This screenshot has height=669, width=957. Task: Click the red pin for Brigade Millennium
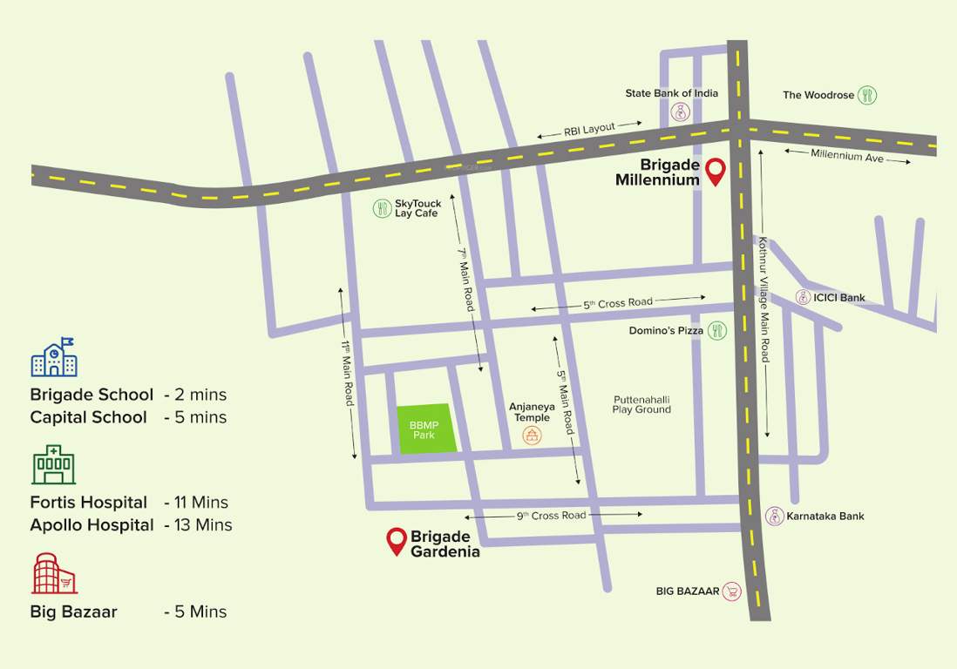716,172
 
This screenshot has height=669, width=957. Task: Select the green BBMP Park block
427,429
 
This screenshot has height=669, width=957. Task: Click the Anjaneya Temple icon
531,436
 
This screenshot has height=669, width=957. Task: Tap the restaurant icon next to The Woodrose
867,95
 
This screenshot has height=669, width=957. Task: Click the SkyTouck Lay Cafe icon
382,208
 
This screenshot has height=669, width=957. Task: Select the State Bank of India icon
680,111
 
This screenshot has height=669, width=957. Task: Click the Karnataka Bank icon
774,516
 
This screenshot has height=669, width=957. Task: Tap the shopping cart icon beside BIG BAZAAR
732,591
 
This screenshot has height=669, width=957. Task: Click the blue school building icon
53,357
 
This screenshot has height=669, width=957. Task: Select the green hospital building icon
53,465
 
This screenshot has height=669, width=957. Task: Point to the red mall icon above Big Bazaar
54,573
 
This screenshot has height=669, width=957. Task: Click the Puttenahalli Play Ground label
641,404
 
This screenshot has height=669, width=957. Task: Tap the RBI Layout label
589,129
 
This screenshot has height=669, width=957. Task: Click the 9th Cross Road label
551,515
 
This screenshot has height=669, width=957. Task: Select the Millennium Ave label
847,155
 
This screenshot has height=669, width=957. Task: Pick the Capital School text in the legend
88,417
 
